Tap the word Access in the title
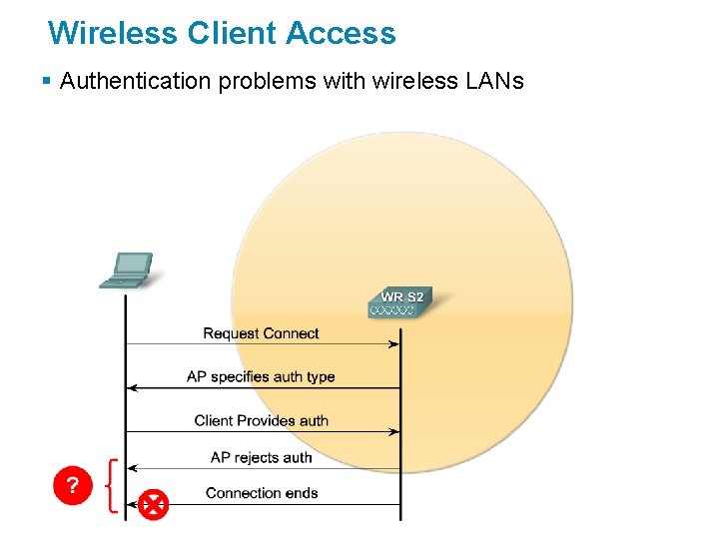341,33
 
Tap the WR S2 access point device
400,302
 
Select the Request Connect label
261,333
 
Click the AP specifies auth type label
261,377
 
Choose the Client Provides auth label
261,421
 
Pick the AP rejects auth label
261,458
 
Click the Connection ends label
262,493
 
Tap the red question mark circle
72,486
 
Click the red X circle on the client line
153,504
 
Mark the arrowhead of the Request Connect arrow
394,344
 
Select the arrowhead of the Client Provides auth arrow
394,431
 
